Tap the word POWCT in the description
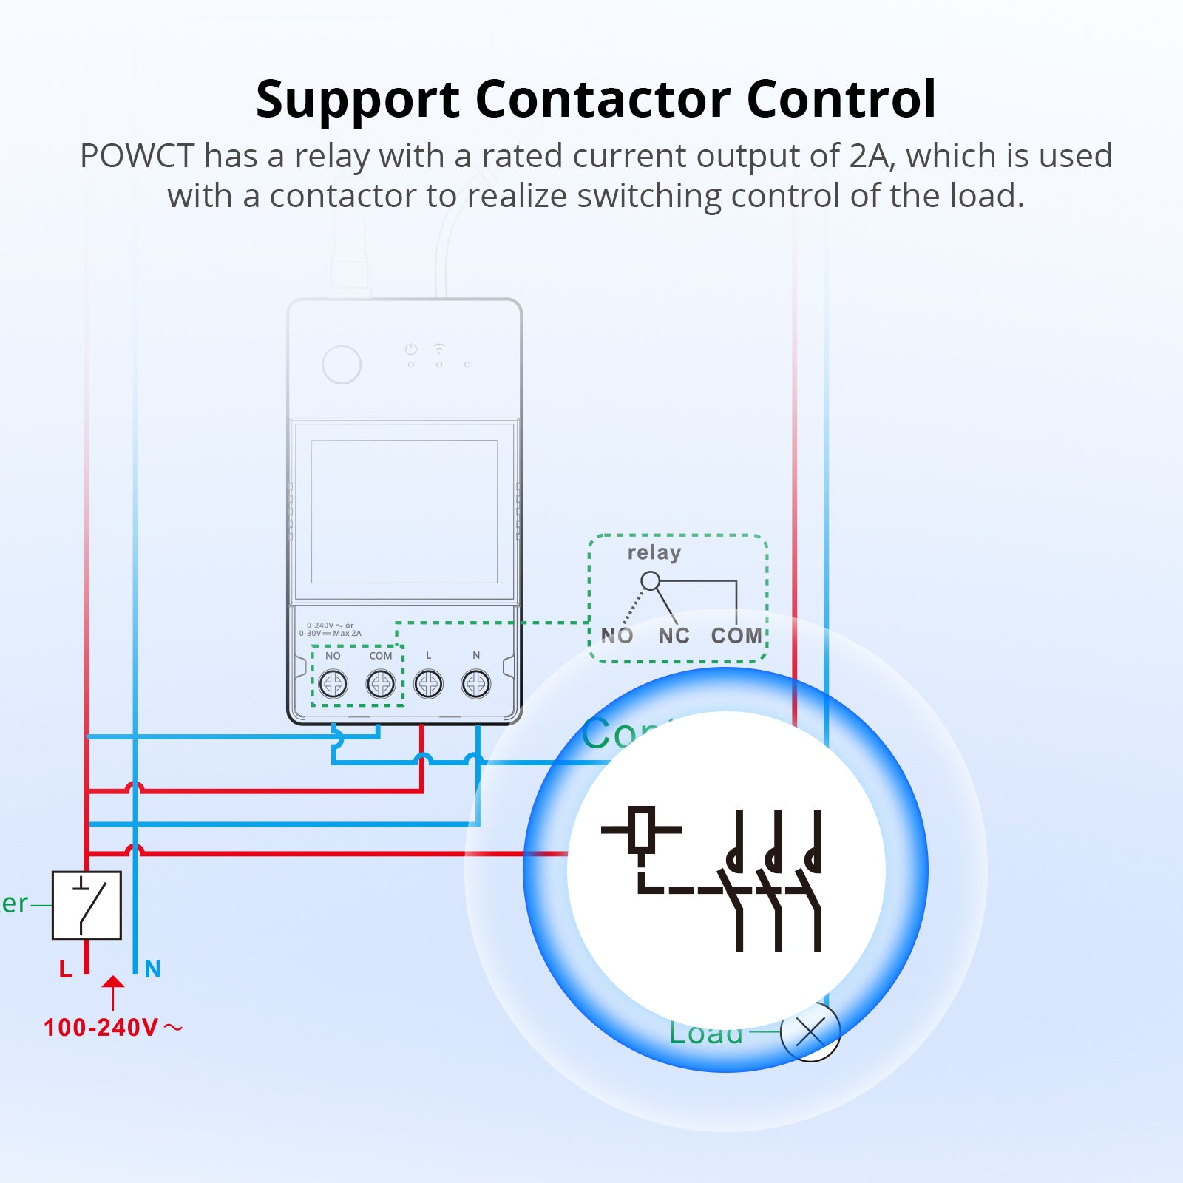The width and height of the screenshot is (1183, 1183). (137, 157)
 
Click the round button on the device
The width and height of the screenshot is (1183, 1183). (342, 364)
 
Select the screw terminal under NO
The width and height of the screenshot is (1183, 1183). (333, 684)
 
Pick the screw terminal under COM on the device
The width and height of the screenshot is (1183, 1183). (381, 684)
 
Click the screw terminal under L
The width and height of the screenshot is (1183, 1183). (428, 684)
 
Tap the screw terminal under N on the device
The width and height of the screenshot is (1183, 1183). (476, 684)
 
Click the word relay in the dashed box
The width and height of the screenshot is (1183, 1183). (654, 553)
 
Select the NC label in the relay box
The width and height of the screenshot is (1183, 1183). (674, 636)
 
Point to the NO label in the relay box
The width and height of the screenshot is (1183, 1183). (617, 636)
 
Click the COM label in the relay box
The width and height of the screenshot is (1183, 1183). (736, 636)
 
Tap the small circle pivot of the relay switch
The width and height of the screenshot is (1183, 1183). (650, 581)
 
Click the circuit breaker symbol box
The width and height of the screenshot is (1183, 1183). (87, 905)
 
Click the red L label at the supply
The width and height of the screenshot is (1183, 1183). (66, 969)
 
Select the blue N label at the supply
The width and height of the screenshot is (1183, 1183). (152, 969)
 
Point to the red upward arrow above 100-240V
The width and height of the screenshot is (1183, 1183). (112, 991)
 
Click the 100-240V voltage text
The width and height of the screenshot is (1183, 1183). (101, 1028)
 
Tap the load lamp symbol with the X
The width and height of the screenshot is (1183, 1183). (810, 1032)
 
